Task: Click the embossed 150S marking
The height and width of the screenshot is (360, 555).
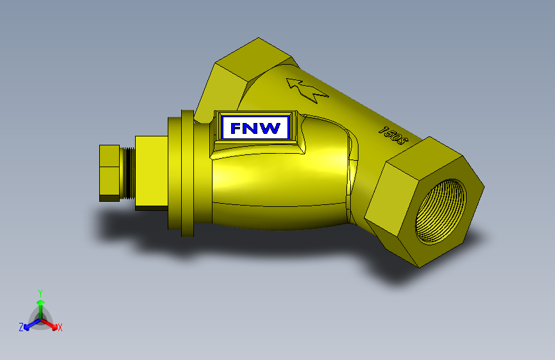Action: point(394,133)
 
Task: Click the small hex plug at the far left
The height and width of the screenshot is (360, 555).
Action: point(110,173)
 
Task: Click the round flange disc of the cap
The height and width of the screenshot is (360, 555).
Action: point(187,174)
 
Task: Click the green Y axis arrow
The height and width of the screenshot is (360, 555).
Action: point(40,304)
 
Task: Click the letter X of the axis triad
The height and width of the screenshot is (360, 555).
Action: point(60,328)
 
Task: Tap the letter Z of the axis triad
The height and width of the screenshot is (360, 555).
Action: point(21,327)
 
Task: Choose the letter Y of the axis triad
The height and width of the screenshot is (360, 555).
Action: point(40,292)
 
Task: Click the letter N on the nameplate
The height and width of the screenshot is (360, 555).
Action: point(253,128)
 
